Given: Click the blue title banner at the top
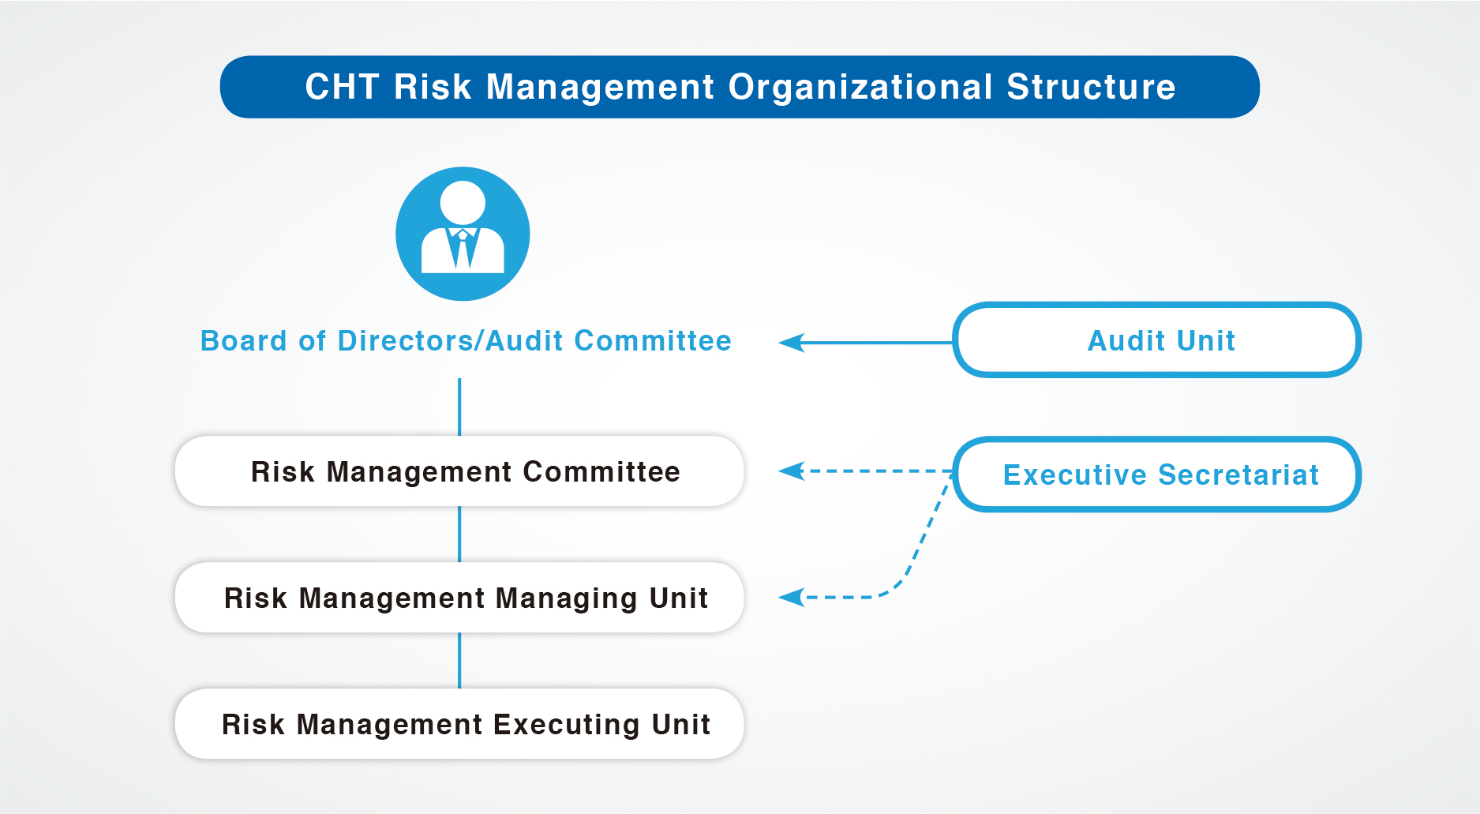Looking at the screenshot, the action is [x=740, y=87].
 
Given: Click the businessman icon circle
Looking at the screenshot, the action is [x=463, y=234].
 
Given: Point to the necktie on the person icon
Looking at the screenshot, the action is [x=463, y=249].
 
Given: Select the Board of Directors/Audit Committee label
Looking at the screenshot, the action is [x=466, y=341].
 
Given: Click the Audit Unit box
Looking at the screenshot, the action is [x=1157, y=340].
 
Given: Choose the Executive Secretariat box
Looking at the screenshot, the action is [x=1157, y=475].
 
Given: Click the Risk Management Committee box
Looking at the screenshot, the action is [x=459, y=471].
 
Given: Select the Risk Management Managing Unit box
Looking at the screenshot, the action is [x=459, y=598].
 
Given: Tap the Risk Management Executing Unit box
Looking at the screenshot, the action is [x=459, y=724].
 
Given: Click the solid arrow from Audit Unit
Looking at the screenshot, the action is [x=866, y=343].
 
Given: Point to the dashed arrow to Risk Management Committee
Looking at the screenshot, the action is [x=866, y=471].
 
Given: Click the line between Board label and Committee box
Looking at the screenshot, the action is [x=459, y=407].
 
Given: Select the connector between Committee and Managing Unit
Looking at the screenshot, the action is [x=459, y=535].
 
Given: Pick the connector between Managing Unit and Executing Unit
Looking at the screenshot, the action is [x=459, y=661].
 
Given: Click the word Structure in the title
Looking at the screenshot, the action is [x=1092, y=87].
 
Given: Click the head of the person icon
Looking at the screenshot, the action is [x=463, y=203].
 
